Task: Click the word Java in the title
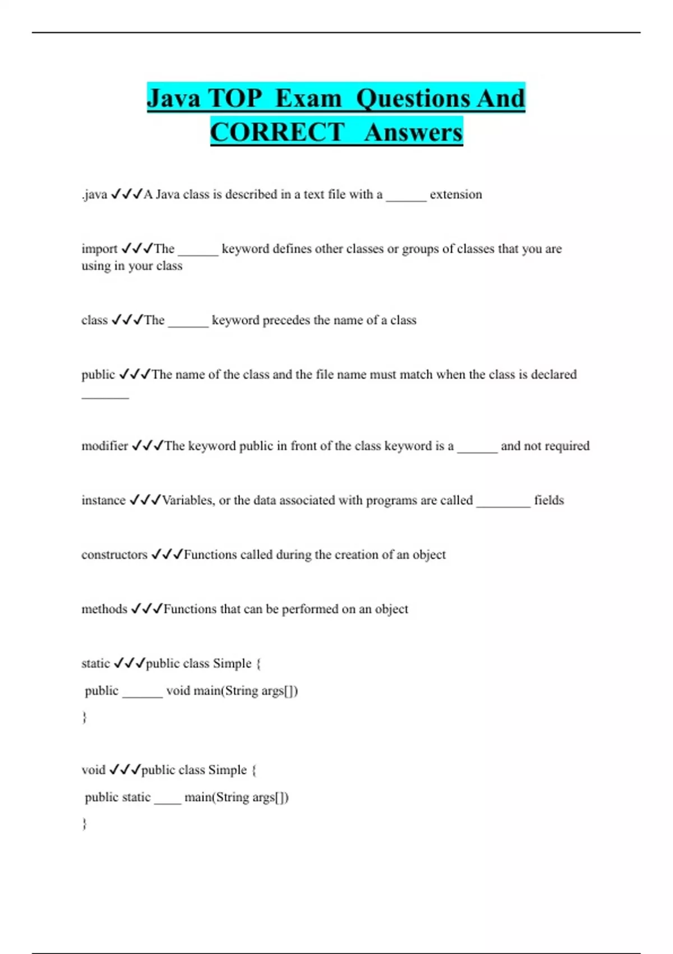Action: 174,98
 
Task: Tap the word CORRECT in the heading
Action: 277,132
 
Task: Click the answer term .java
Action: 94,195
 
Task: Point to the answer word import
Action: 99,249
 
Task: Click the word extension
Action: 455,195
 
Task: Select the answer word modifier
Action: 104,446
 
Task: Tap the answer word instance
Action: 103,500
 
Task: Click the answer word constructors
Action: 114,554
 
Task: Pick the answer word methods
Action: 104,609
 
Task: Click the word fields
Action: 548,500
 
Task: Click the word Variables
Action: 188,500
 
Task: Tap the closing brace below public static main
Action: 85,824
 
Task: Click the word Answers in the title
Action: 413,132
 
